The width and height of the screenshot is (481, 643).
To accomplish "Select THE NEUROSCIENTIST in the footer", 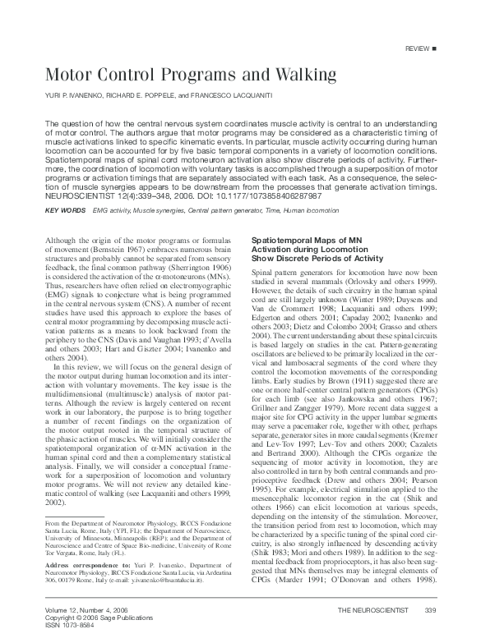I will click(372, 612).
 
